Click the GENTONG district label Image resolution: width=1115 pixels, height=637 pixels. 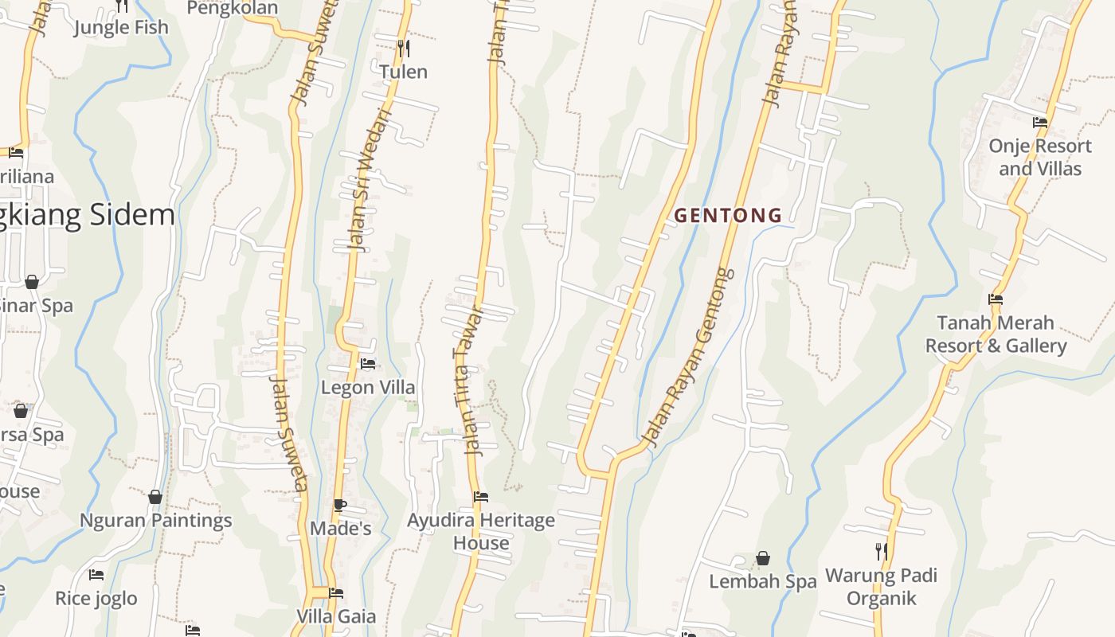click(x=728, y=215)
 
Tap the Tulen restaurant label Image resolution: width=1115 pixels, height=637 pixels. click(x=403, y=72)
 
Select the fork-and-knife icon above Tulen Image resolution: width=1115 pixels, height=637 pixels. click(x=404, y=49)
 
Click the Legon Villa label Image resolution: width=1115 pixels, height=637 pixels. click(x=368, y=388)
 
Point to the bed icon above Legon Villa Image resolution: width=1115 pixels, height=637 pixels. click(x=368, y=364)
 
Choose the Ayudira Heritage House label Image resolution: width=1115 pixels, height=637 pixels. click(x=481, y=532)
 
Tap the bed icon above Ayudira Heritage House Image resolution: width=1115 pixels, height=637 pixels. click(x=481, y=497)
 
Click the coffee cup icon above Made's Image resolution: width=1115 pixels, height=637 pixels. click(x=340, y=505)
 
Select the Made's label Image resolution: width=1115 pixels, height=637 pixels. click(x=341, y=529)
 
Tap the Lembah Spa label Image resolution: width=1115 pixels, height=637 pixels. click(x=763, y=582)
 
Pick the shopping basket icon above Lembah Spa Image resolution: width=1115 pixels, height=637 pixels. click(x=763, y=558)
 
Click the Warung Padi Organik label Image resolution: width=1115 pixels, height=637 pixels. click(x=881, y=587)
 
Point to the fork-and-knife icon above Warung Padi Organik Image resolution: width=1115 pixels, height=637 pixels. click(x=881, y=551)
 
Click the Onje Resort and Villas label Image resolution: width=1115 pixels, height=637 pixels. click(x=1040, y=158)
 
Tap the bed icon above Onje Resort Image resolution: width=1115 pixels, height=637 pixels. click(x=1040, y=123)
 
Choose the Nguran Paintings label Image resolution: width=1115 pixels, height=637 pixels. click(x=156, y=521)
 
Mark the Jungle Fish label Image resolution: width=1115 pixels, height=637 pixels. click(x=122, y=28)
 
